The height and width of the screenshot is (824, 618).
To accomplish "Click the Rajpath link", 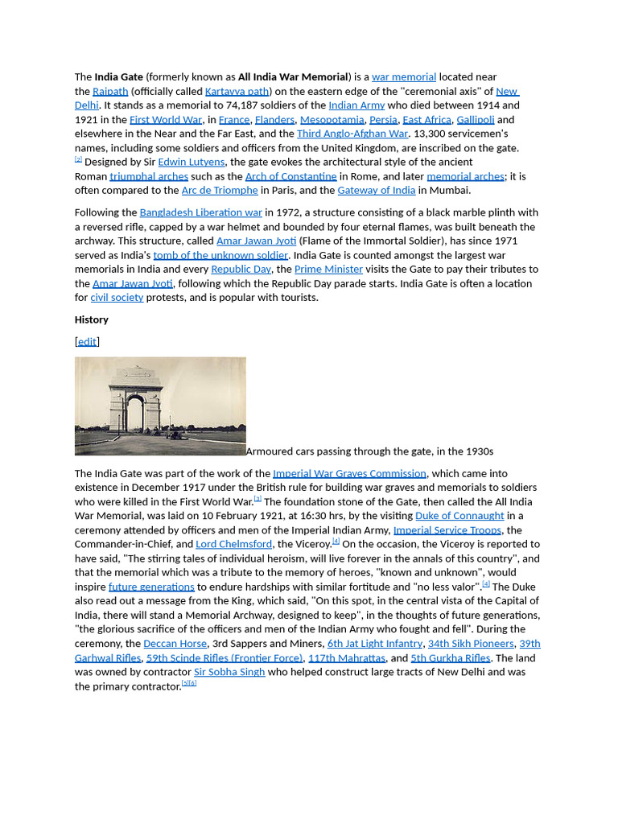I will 110,92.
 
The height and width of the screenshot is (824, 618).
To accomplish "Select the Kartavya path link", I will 237,92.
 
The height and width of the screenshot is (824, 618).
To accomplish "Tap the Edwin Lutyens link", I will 192,163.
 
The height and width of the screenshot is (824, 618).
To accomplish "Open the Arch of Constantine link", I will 290,176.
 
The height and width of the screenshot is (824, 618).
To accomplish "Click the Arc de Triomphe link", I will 220,191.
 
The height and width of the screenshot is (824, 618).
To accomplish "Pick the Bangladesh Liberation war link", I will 201,213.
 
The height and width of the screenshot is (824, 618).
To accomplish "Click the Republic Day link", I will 241,270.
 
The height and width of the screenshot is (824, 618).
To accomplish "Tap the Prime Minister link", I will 328,270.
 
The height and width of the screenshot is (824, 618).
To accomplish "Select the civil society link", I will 117,298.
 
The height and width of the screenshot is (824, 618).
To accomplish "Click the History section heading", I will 92,319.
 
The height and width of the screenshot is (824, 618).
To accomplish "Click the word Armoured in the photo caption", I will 270,451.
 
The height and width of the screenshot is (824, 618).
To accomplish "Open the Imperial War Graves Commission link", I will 349,474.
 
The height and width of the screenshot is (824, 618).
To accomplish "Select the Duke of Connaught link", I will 459,516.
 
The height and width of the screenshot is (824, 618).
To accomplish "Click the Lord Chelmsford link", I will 233,545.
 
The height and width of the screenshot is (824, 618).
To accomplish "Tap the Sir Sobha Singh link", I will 229,672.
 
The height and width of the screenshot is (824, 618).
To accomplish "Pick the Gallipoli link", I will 476,120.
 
